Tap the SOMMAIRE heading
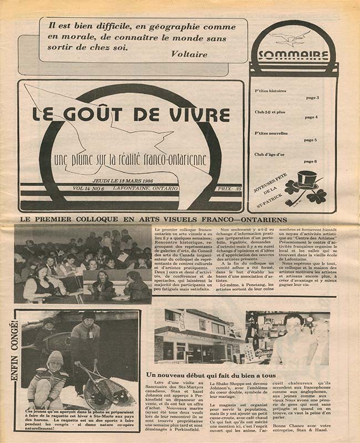293,55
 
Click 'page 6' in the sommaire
311,161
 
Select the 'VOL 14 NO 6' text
92,189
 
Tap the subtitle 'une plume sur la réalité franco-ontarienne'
130,161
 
